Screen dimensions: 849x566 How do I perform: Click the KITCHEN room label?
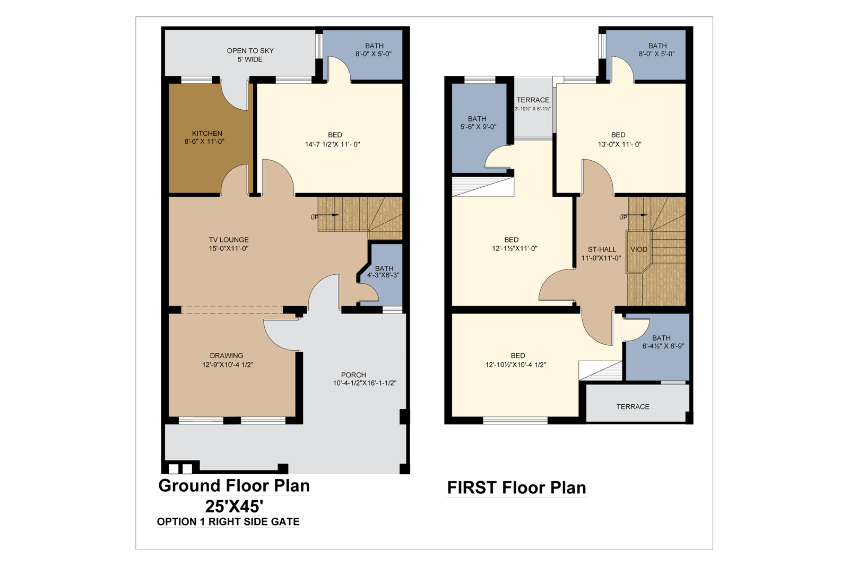click(207, 133)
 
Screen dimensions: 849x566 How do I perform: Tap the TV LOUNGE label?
click(229, 240)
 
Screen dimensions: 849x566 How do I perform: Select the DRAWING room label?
click(227, 356)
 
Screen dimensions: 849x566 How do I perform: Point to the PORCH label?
click(353, 375)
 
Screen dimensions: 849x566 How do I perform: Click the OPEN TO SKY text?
click(250, 51)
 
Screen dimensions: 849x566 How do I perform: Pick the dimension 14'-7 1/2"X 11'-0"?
click(332, 144)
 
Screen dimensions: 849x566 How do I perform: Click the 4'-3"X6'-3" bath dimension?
click(383, 275)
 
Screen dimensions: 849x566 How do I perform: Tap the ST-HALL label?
click(602, 250)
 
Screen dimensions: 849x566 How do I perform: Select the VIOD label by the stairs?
click(639, 250)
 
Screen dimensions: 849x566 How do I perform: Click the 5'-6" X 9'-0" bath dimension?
click(478, 127)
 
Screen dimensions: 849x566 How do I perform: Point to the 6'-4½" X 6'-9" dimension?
click(663, 346)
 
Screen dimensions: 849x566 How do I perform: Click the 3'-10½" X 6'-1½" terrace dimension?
click(533, 109)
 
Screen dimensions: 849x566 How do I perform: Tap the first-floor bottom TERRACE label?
click(633, 407)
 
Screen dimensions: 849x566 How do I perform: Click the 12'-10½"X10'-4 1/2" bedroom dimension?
click(516, 365)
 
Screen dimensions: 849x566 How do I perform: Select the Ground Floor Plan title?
click(234, 486)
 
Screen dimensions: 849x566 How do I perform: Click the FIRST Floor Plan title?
click(517, 487)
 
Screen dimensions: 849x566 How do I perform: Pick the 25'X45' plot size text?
click(234, 506)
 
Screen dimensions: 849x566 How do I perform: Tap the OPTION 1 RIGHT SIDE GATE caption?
click(228, 521)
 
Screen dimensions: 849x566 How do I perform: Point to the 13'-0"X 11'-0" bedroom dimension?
click(620, 144)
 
